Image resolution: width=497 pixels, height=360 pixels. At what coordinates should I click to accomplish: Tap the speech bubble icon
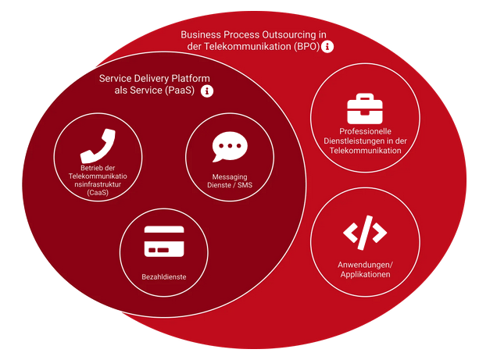(x=230, y=146)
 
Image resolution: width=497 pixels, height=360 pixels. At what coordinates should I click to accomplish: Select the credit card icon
(x=164, y=241)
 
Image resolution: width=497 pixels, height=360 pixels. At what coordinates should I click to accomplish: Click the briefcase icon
(x=365, y=109)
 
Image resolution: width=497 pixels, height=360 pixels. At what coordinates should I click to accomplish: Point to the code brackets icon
(x=365, y=233)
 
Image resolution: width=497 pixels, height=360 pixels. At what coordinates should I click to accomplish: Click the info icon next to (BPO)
(x=327, y=47)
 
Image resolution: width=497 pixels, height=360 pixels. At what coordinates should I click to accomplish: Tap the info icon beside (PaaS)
(x=207, y=91)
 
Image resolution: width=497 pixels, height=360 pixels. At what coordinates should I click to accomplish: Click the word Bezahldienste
(x=164, y=277)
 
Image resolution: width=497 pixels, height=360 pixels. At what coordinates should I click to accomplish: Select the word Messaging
(x=230, y=177)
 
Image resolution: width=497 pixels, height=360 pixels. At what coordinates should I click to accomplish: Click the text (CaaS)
(x=98, y=193)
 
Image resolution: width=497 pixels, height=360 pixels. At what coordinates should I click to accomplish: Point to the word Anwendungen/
(x=365, y=265)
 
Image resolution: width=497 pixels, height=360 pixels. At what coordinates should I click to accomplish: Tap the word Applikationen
(x=365, y=274)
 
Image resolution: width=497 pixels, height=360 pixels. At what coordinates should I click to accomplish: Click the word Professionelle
(x=365, y=131)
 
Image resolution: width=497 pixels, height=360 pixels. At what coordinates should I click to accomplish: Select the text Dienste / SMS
(x=230, y=185)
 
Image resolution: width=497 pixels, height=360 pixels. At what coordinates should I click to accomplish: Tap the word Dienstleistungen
(x=351, y=141)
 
